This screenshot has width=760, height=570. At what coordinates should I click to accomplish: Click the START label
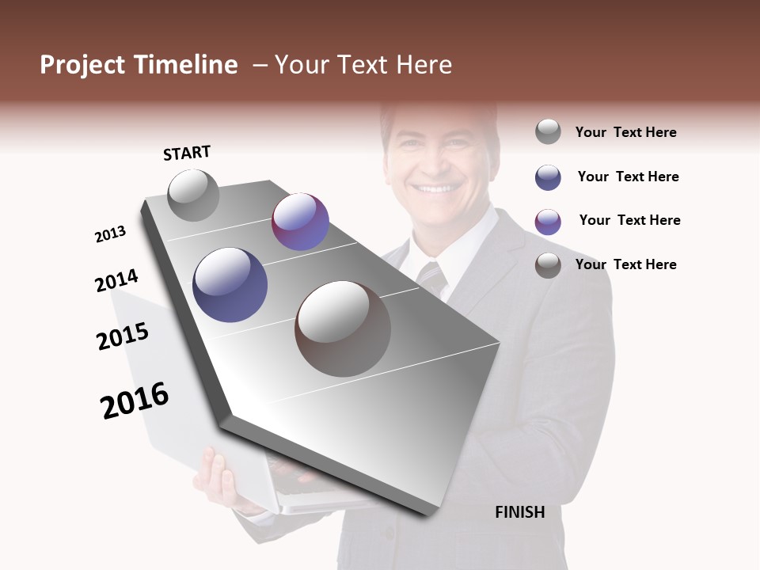click(x=187, y=153)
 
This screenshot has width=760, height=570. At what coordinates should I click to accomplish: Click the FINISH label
click(x=519, y=512)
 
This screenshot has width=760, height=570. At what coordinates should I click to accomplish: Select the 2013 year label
click(x=111, y=234)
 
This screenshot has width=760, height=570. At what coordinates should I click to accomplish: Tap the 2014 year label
click(x=116, y=281)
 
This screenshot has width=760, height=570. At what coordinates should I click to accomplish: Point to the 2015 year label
click(x=123, y=336)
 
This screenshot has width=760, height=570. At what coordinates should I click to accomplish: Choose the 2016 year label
click(x=135, y=400)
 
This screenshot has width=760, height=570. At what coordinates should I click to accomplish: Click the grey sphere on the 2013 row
click(x=193, y=195)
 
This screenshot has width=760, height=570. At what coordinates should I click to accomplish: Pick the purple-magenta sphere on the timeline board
click(x=300, y=222)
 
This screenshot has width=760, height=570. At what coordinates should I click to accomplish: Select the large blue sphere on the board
click(x=230, y=285)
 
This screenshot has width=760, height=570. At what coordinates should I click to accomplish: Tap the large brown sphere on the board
click(x=343, y=329)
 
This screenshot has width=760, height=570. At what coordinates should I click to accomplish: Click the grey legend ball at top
click(x=548, y=131)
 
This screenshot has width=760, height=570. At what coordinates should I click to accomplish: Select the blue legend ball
click(x=548, y=177)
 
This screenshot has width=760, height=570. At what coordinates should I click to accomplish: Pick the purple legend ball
click(x=548, y=222)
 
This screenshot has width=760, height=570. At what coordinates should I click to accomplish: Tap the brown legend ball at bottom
click(x=548, y=265)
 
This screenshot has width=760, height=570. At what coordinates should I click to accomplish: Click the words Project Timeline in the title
click(x=139, y=65)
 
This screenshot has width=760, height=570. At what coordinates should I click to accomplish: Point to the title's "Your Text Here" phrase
click(x=363, y=65)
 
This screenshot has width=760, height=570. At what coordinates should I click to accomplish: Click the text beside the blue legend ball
click(x=628, y=177)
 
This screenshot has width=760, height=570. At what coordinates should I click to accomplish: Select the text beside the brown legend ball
click(x=626, y=264)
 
